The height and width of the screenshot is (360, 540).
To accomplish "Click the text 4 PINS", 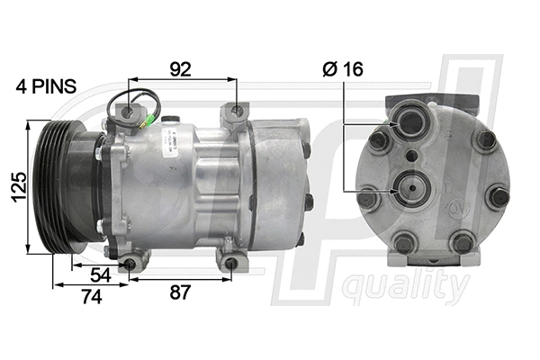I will (x=46, y=87).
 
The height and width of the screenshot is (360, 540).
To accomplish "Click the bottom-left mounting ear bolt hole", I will (x=131, y=263).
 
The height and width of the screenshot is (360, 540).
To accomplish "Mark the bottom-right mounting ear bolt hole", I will (x=232, y=264).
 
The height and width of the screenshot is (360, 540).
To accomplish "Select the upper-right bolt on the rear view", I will (x=486, y=140).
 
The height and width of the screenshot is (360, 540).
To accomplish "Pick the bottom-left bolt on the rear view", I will (x=404, y=242).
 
